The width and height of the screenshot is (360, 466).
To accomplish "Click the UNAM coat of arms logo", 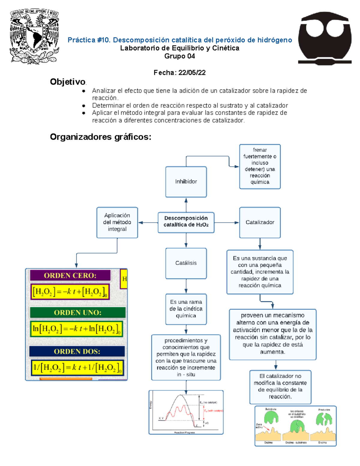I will pyautogui.click(x=34, y=36).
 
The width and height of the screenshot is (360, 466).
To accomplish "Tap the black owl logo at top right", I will pyautogui.click(x=325, y=38).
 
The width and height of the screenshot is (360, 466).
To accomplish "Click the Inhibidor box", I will pyautogui.click(x=186, y=182).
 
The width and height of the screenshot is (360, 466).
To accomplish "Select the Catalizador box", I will pyautogui.click(x=260, y=222).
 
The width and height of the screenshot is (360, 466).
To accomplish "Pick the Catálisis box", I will pyautogui.click(x=186, y=263).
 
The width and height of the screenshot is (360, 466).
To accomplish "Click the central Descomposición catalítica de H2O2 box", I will pyautogui.click(x=186, y=221).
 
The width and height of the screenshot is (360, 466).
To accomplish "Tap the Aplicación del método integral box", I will pyautogui.click(x=117, y=222).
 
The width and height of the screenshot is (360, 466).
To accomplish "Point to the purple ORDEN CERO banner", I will pyautogui.click(x=70, y=275).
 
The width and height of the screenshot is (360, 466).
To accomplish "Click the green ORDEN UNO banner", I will pyautogui.click(x=78, y=312).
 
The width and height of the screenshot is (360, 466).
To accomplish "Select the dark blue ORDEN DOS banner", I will pyautogui.click(x=77, y=351).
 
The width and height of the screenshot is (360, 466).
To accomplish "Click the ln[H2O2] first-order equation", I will pyautogui.click(x=76, y=329).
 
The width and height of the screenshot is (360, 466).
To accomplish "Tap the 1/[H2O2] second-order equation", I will pyautogui.click(x=77, y=368).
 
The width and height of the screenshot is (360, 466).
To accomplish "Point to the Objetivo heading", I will pyautogui.click(x=68, y=82).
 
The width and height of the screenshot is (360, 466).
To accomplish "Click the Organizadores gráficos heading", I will pyautogui.click(x=100, y=137).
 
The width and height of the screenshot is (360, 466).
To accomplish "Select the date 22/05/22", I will pyautogui.click(x=192, y=73).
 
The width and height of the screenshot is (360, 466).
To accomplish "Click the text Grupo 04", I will pyautogui.click(x=180, y=56).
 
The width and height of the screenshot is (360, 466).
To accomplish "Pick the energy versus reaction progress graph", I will pyautogui.click(x=186, y=412).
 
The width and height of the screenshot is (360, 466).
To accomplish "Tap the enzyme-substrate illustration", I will pyautogui.click(x=295, y=426).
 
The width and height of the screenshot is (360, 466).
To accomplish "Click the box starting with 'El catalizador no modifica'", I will pyautogui.click(x=280, y=386).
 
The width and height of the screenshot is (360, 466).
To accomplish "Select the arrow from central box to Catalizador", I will pyautogui.click(x=227, y=223).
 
